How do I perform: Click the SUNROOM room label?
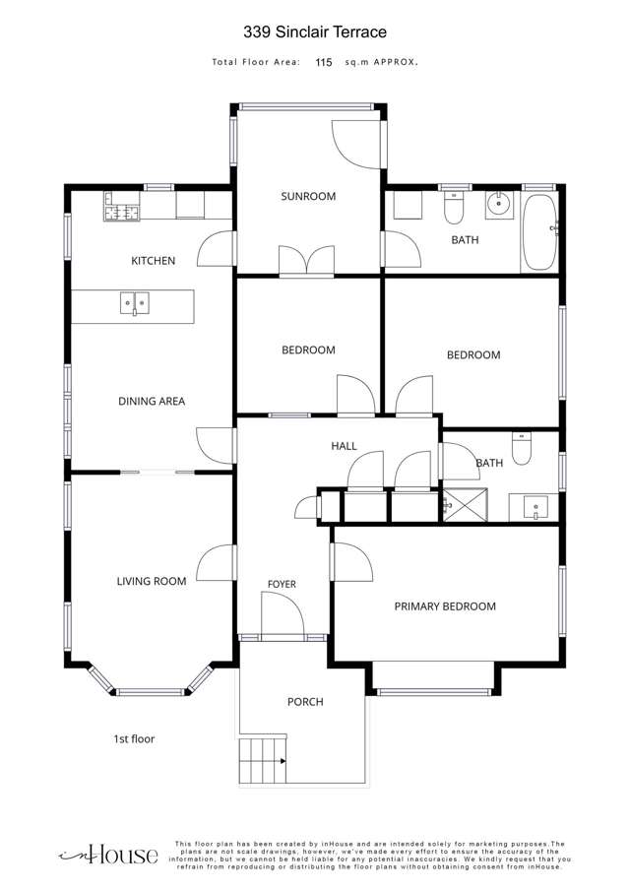[x=308, y=197]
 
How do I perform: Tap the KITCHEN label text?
[x=153, y=261]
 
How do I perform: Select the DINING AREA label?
[x=152, y=401]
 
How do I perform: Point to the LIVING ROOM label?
[x=152, y=581]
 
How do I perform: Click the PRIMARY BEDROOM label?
[x=445, y=606]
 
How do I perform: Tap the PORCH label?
[x=305, y=702]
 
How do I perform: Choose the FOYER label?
[x=282, y=584]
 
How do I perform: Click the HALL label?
[x=344, y=447]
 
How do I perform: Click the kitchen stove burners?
[x=121, y=213]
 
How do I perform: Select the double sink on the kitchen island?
[x=135, y=303]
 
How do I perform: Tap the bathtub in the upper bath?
[x=538, y=232]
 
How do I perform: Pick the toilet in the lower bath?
[x=521, y=449]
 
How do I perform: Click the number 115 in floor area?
[x=323, y=62]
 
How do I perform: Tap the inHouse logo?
[x=108, y=855]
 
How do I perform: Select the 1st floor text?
[x=134, y=738]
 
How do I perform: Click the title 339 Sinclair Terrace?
[x=315, y=32]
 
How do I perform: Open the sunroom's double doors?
[x=307, y=261]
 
